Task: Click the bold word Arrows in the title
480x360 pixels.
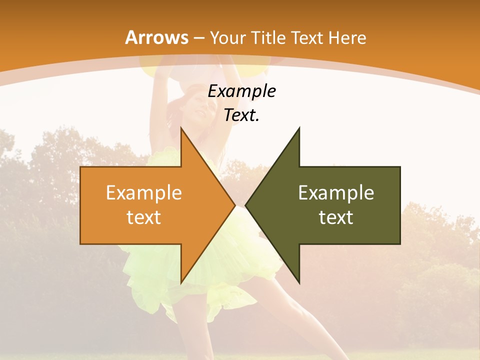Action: (x=156, y=37)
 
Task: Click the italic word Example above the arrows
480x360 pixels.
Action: (x=241, y=91)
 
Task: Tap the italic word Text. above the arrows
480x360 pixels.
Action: (x=241, y=115)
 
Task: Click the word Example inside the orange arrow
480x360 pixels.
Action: (x=144, y=192)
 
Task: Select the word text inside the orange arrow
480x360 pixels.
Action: (x=144, y=217)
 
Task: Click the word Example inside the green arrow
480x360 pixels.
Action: (x=336, y=192)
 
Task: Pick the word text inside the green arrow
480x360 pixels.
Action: (x=336, y=217)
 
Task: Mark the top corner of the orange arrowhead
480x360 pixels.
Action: (x=181, y=128)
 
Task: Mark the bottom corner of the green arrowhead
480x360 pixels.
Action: (x=299, y=282)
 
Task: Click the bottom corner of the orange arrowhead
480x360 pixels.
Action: (x=181, y=282)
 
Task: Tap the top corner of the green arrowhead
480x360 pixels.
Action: (x=299, y=128)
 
